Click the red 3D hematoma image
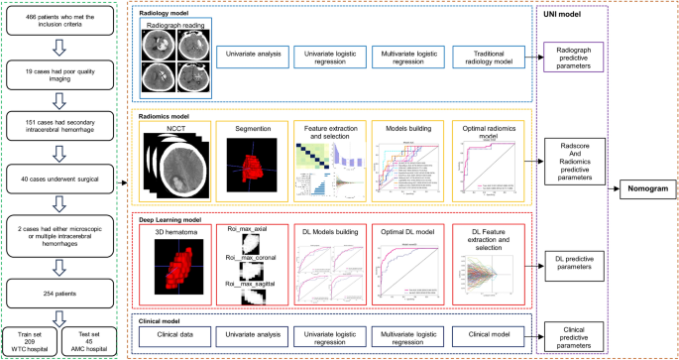(x=177, y=269)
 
